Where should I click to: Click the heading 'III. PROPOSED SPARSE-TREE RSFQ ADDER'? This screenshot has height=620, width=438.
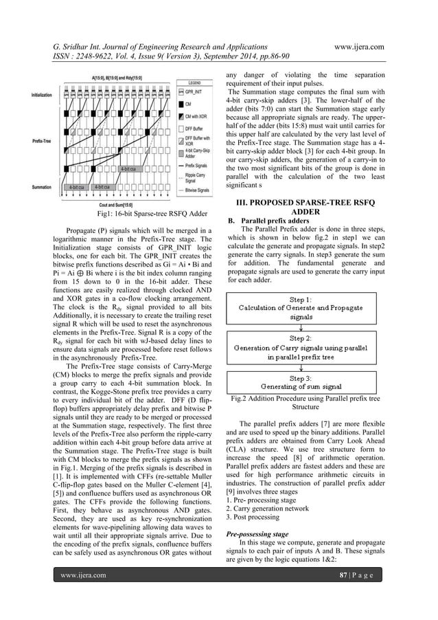(306, 206)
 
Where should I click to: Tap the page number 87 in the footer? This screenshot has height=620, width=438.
(358, 593)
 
